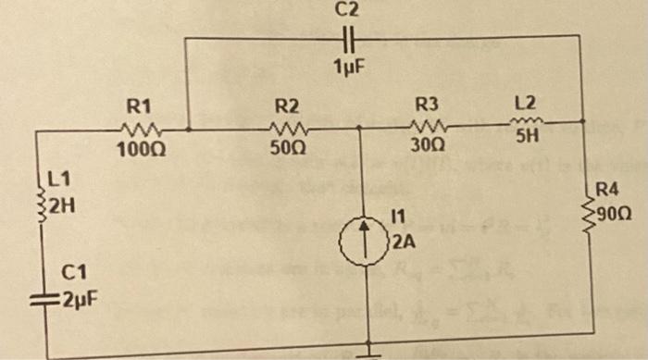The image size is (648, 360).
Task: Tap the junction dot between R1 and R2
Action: coord(187,130)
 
